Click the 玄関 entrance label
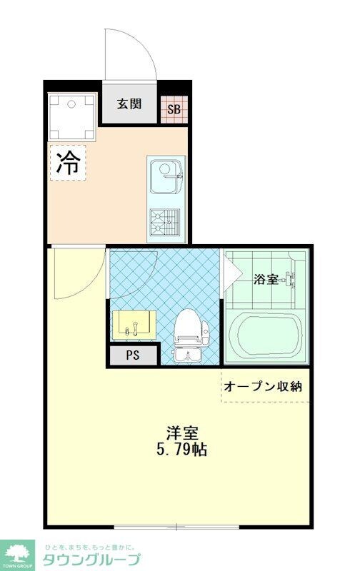coord(129,104)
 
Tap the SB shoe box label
coord(174,109)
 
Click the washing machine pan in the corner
coord(71,116)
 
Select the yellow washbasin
coord(134,325)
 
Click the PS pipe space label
coord(132,355)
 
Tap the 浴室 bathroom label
coord(266,280)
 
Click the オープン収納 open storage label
coord(264,386)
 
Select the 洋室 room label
coord(182,433)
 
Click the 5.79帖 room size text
coord(182,450)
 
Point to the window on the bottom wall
coord(176,528)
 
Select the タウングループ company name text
coord(91,559)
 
